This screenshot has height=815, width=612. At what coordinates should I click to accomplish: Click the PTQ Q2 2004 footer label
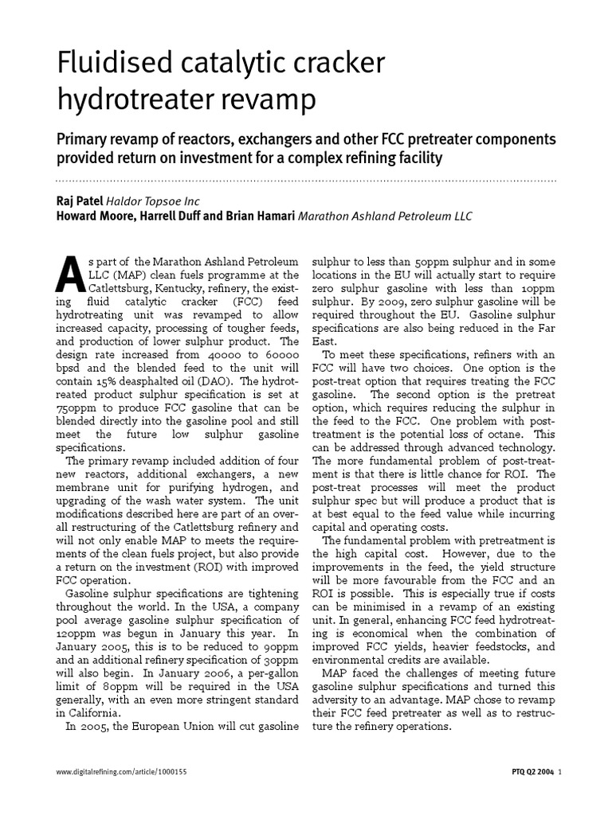click(x=527, y=771)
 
